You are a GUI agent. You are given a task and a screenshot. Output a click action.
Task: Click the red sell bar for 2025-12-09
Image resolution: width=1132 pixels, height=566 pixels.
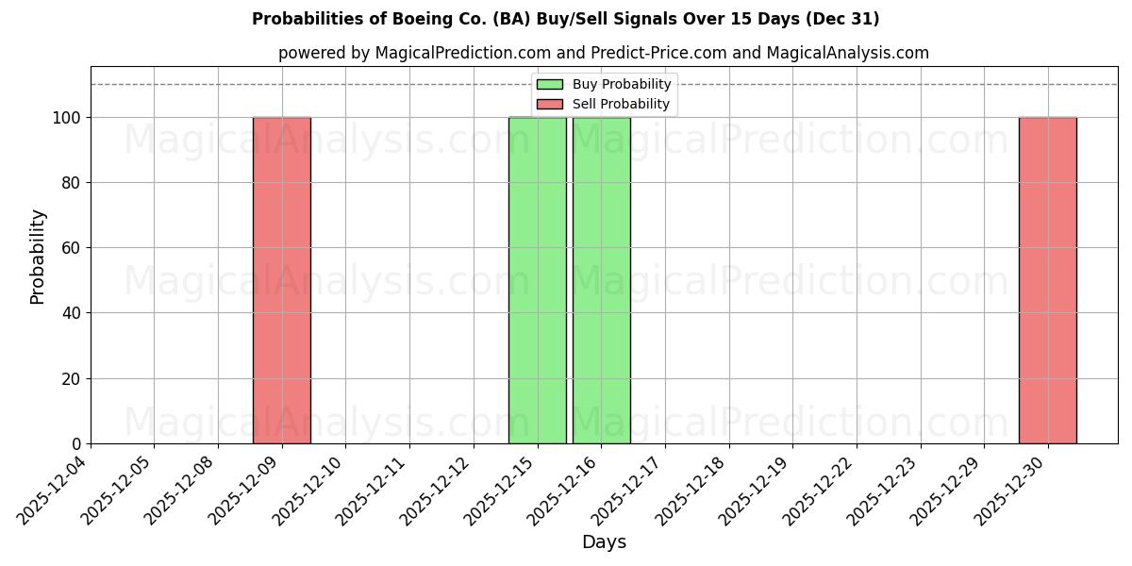pyautogui.click(x=281, y=280)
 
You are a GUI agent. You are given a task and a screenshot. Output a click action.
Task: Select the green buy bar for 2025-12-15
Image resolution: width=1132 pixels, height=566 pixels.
pyautogui.click(x=538, y=280)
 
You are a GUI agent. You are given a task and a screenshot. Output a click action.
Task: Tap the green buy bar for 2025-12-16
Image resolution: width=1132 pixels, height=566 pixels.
pyautogui.click(x=601, y=280)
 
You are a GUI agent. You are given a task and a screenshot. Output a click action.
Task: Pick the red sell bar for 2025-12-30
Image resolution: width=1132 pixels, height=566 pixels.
pyautogui.click(x=1047, y=280)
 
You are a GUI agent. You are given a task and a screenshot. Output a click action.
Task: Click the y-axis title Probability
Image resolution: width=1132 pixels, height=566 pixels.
pyautogui.click(x=38, y=256)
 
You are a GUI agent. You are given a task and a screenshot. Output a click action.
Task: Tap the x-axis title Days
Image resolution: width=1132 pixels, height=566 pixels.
pyautogui.click(x=604, y=542)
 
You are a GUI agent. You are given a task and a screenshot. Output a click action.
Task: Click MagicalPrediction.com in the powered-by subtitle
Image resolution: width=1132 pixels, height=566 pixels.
pyautogui.click(x=458, y=53)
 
